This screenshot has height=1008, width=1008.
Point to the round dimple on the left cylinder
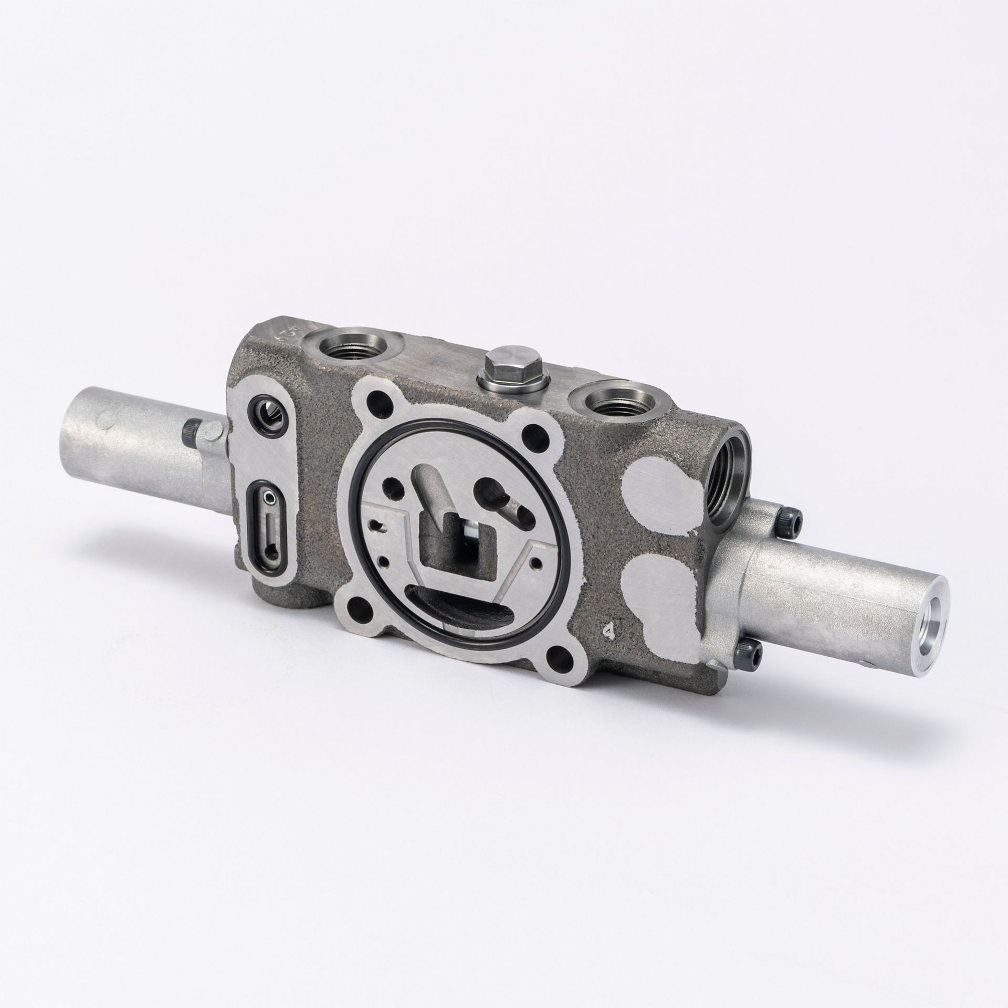coord(108,418)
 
